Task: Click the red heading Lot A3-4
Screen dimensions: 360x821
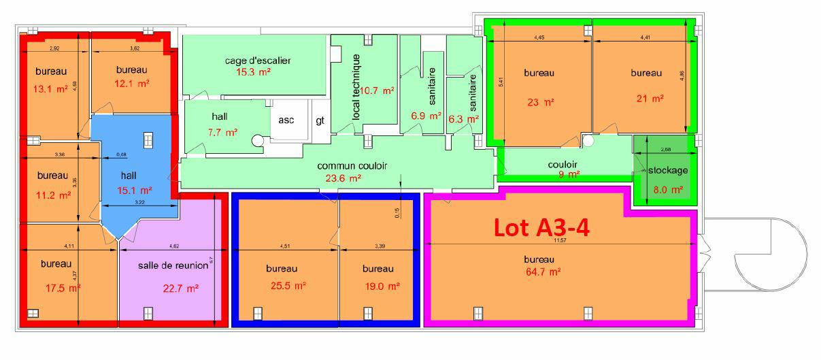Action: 541,227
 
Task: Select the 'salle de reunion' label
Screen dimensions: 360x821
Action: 172,264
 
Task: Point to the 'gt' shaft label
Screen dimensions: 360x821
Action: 320,120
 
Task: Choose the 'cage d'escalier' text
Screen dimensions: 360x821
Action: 258,61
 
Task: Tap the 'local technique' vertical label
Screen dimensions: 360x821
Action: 355,87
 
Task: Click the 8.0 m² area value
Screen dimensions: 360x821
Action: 667,191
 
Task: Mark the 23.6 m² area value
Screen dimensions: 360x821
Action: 344,178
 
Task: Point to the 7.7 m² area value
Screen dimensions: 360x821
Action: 222,132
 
